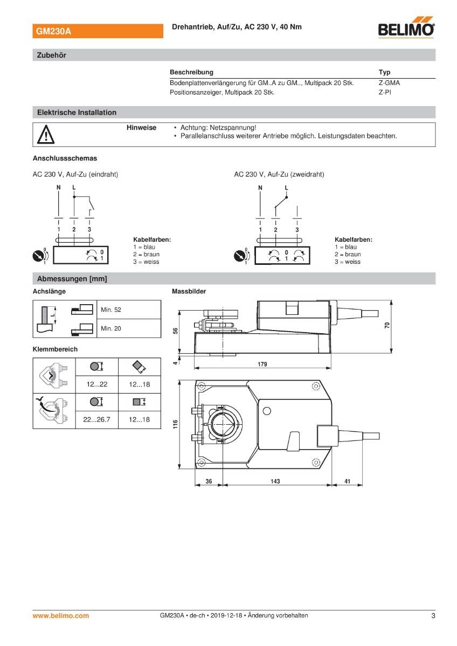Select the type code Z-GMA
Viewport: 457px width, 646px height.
(389, 83)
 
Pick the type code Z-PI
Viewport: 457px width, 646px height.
(385, 92)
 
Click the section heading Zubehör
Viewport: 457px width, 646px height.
(51, 55)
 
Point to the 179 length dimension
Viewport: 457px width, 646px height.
(262, 364)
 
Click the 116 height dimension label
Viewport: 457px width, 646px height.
(175, 425)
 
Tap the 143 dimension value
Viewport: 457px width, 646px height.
(275, 481)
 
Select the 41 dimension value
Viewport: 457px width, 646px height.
(347, 481)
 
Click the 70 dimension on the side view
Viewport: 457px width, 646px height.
(387, 327)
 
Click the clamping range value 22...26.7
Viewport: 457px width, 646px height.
(96, 419)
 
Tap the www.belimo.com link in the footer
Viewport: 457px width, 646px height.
(61, 615)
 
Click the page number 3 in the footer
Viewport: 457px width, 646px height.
(433, 615)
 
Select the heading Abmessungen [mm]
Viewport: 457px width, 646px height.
(72, 279)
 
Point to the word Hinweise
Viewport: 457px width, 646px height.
(141, 128)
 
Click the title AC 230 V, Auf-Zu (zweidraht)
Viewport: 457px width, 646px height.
(279, 174)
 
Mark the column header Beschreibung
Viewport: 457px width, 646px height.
(191, 72)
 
